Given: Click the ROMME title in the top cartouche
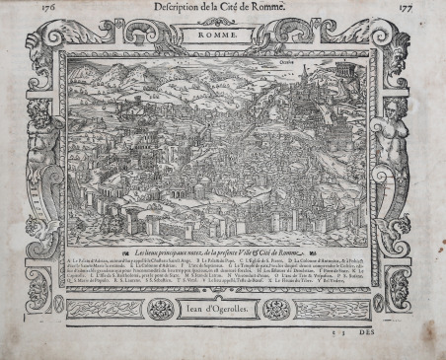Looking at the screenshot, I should click(222, 36).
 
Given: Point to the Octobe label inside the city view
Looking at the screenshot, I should click(292, 73).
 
